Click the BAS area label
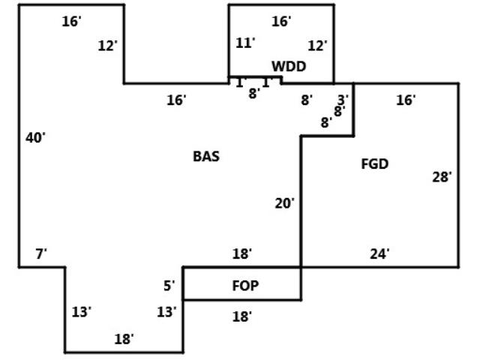[x=206, y=157]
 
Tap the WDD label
[x=289, y=67]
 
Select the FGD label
[x=375, y=164]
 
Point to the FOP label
[x=246, y=286]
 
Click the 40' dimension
[x=35, y=137]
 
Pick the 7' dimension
[x=41, y=254]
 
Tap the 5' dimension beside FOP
[x=169, y=285]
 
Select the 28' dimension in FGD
[x=442, y=177]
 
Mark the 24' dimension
[x=379, y=254]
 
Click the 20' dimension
[x=284, y=202]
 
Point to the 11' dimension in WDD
[x=245, y=43]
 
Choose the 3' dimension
[x=343, y=99]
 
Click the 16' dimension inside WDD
[x=281, y=22]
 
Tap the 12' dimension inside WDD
[x=317, y=46]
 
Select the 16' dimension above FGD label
[x=406, y=100]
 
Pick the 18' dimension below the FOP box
[x=241, y=316]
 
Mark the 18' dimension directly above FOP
[x=241, y=254]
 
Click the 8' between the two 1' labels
[x=253, y=94]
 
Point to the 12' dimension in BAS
[x=108, y=46]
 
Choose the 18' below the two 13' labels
[x=124, y=339]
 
